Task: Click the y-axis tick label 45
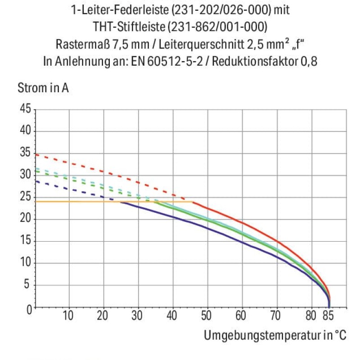[25, 108]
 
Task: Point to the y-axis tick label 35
[25, 152]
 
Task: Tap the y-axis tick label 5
[27, 284]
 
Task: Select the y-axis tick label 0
[29, 310]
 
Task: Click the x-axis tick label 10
[68, 315]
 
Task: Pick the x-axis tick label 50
[206, 315]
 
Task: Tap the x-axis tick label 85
[328, 315]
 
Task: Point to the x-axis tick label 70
[275, 315]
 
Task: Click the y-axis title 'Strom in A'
[43, 88]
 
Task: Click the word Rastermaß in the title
[83, 44]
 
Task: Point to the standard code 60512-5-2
[175, 61]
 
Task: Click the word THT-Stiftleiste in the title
[129, 27]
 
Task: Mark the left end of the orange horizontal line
[36, 202]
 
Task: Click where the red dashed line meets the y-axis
[36, 154]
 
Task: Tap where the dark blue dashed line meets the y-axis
[36, 181]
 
